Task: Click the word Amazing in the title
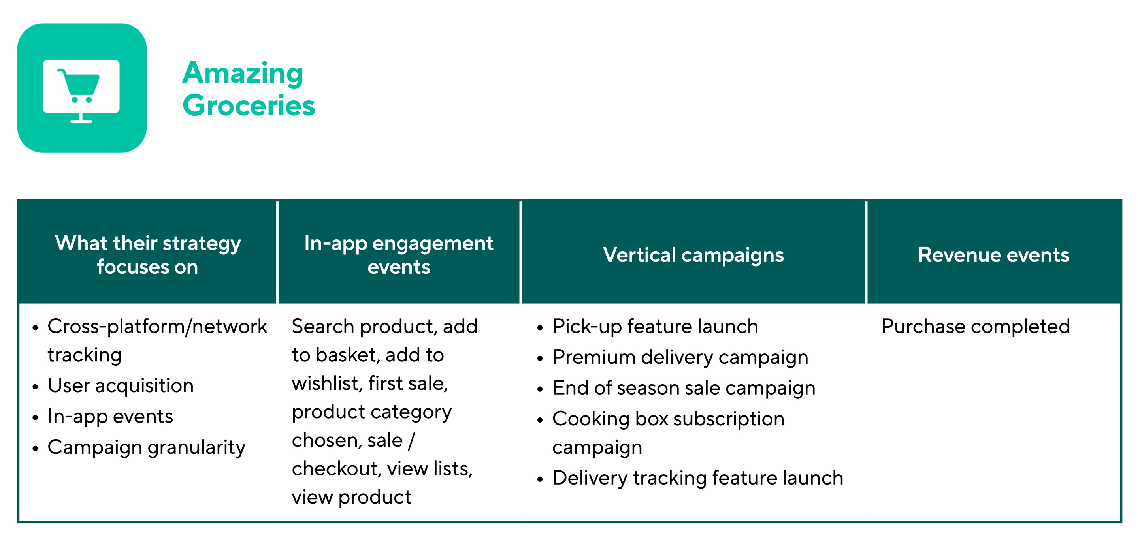click(x=243, y=73)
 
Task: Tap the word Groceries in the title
click(x=249, y=105)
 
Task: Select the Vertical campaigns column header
click(x=693, y=255)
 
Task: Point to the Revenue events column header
click(x=993, y=255)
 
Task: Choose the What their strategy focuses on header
click(x=147, y=255)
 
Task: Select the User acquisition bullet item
click(x=121, y=386)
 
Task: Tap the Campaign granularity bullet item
click(x=146, y=448)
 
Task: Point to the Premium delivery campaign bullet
click(x=680, y=358)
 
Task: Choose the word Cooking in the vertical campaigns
click(x=591, y=419)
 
